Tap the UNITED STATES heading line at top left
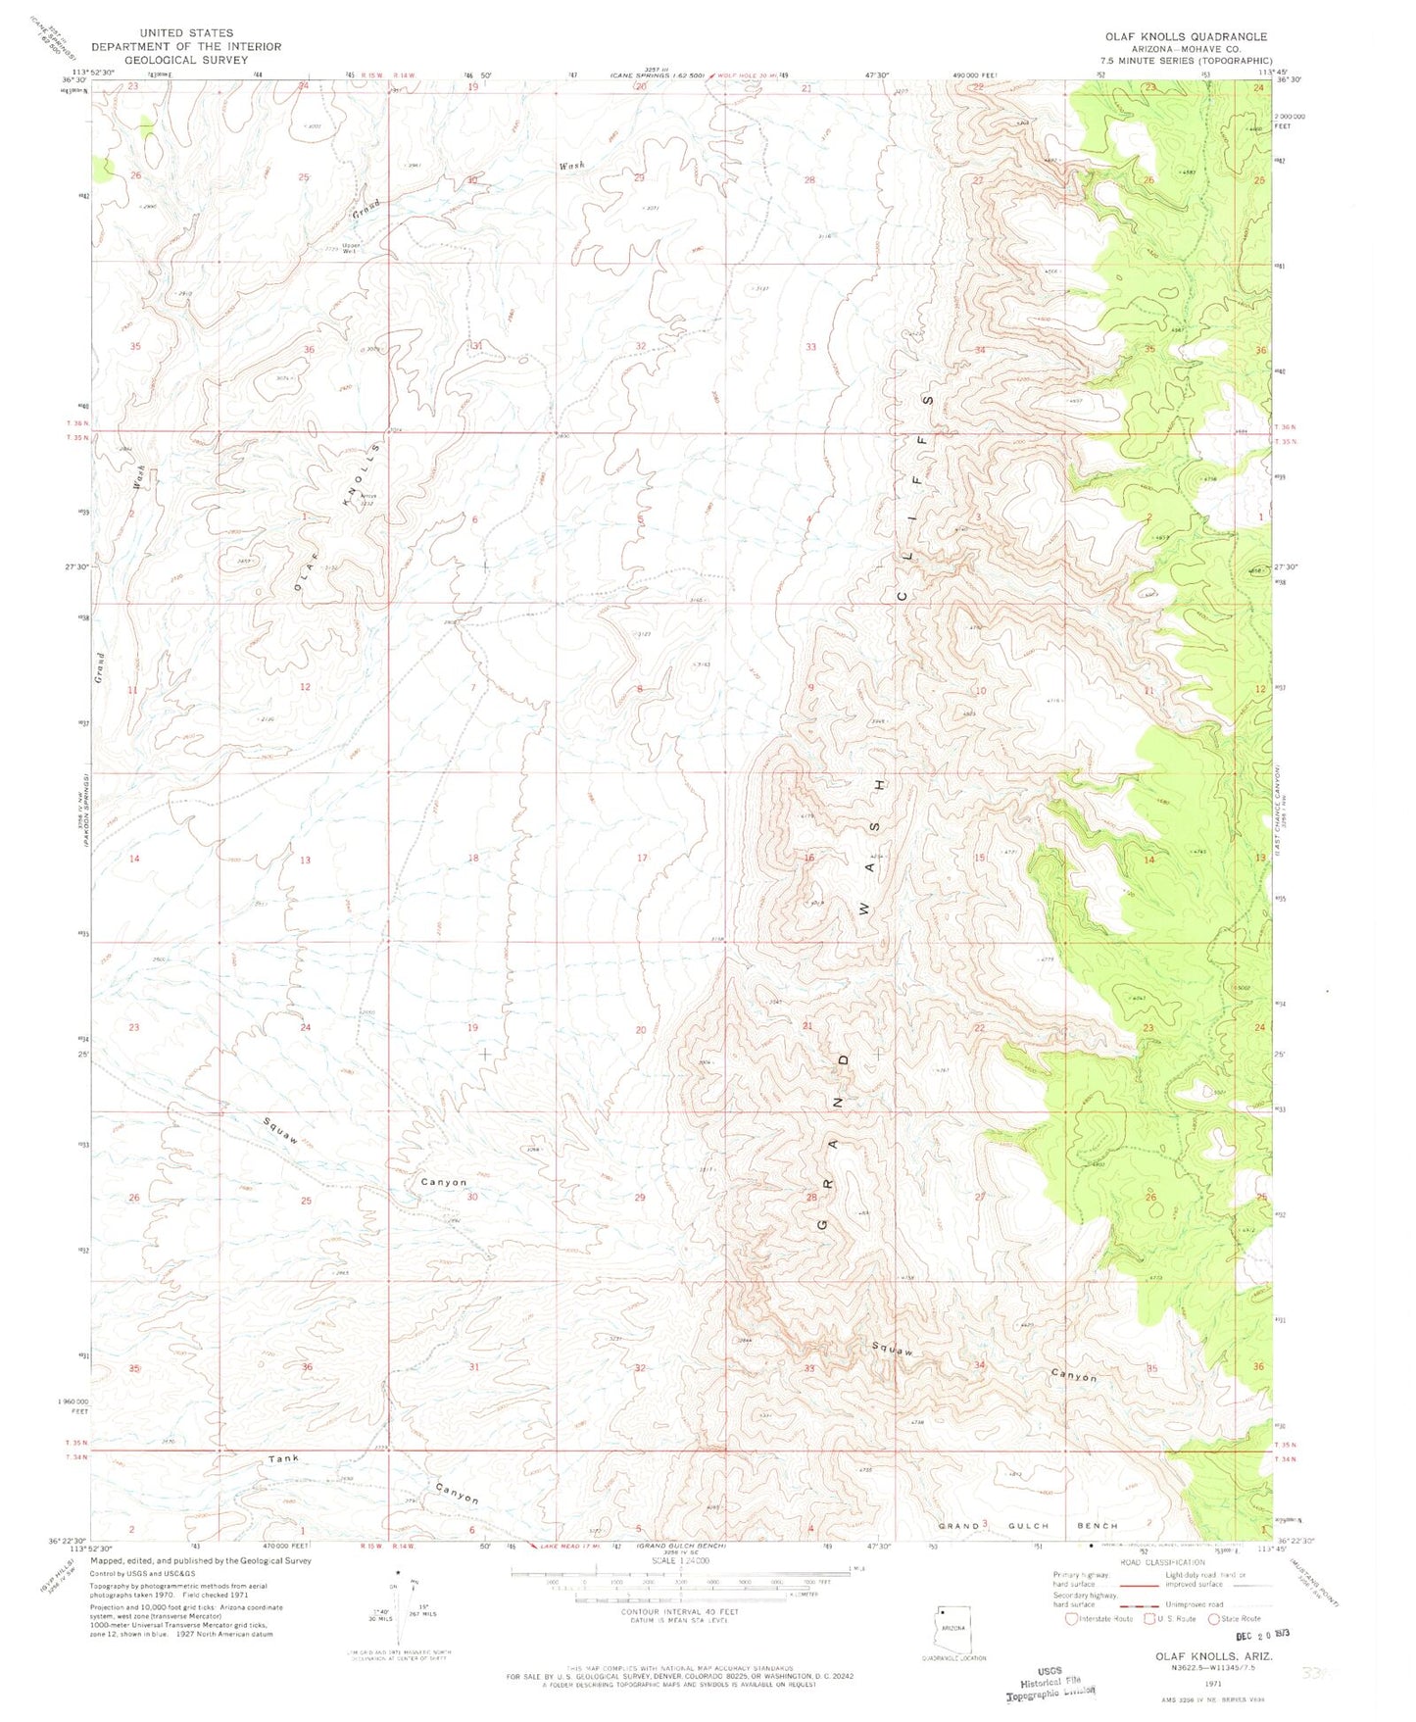tap(163, 32)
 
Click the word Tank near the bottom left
tap(284, 1459)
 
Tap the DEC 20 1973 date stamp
tap(1240, 1636)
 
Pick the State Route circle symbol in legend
tap(1215, 1619)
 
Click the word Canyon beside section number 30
tap(443, 1182)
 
